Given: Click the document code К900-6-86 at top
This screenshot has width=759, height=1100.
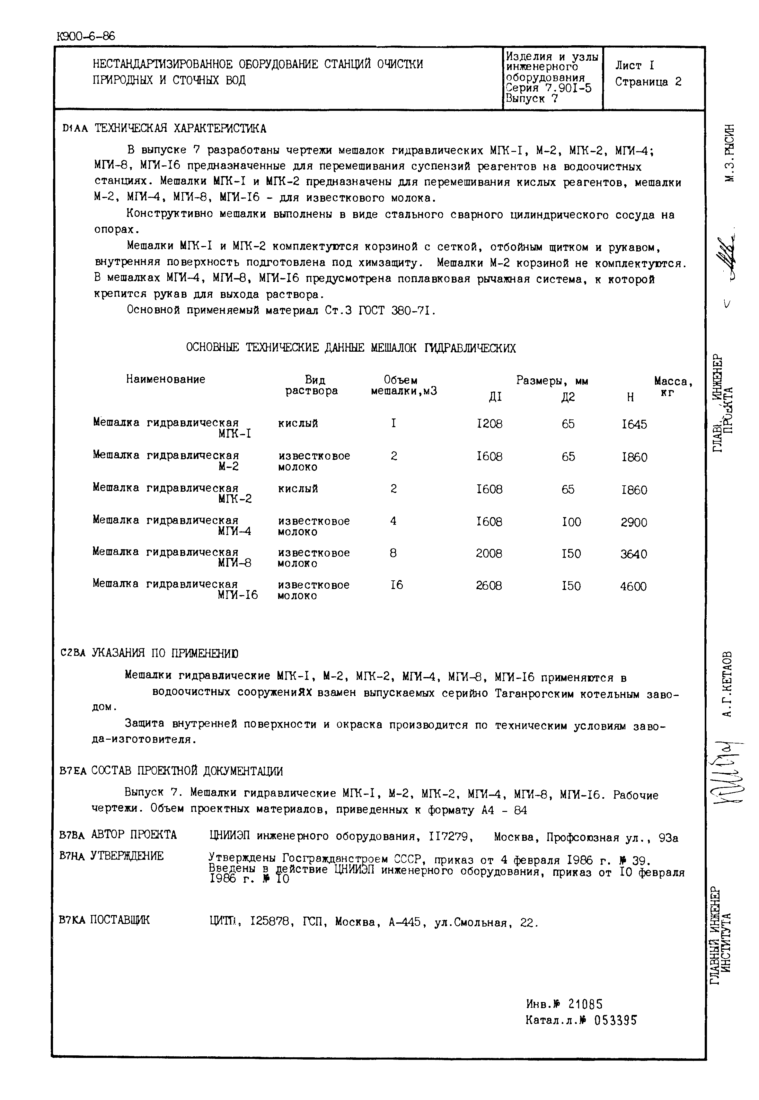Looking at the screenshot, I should pos(86,37).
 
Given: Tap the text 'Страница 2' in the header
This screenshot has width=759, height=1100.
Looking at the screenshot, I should pos(648,82).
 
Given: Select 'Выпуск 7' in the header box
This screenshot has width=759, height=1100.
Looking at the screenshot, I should pos(531,99).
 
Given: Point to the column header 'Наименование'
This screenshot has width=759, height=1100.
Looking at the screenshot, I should pos(165,379).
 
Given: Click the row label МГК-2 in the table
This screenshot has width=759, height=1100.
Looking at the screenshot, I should pos(235,499).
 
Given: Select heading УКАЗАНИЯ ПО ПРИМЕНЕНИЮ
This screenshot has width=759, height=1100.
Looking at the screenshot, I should pos(164,653).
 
